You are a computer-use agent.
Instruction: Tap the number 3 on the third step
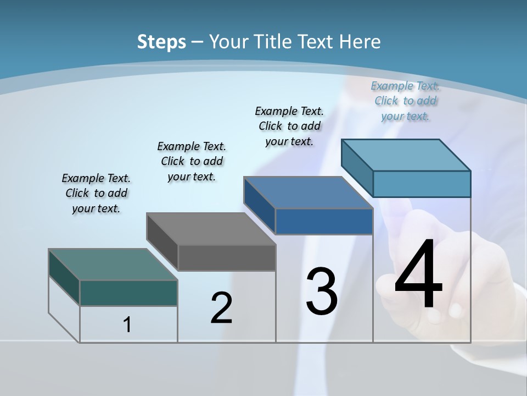(322, 291)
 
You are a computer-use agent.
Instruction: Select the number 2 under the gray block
(221, 307)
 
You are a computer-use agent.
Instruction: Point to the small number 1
(127, 324)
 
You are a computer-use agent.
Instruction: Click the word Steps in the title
(161, 41)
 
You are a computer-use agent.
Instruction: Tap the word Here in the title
(360, 41)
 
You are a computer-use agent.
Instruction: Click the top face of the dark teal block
(113, 264)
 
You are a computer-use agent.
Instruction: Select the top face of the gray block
(211, 228)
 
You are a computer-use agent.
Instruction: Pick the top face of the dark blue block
(308, 193)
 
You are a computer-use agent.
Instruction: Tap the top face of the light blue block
(406, 155)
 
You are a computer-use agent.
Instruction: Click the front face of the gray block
(227, 257)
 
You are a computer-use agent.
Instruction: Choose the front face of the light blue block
(422, 184)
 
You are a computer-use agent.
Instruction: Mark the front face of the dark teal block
(128, 293)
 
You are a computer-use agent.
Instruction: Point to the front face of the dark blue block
(324, 221)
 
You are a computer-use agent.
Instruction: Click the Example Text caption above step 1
(96, 193)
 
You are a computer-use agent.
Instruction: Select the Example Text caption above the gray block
(192, 161)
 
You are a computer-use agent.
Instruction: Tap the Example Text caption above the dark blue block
(289, 126)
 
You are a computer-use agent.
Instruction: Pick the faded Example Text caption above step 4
(405, 101)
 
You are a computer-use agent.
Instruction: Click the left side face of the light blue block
(357, 167)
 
